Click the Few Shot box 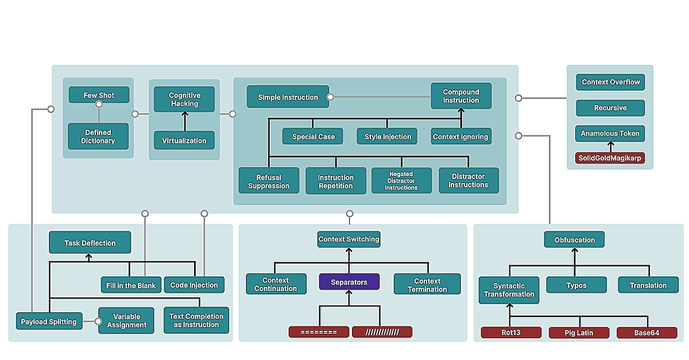[x=99, y=95]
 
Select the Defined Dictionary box [x=98, y=136]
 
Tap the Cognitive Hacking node [x=184, y=99]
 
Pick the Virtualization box [x=184, y=140]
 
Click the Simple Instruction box [x=288, y=97]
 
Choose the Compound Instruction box [x=461, y=96]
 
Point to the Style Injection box [x=388, y=137]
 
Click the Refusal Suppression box [x=269, y=181]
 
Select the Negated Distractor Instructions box [x=401, y=181]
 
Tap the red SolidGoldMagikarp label [x=610, y=158]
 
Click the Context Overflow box [x=610, y=82]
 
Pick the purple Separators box [x=350, y=282]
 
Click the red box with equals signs [x=319, y=332]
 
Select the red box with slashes [x=382, y=332]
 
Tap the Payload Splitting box [x=49, y=322]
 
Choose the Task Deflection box [x=90, y=243]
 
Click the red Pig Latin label [x=578, y=332]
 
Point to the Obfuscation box [x=574, y=240]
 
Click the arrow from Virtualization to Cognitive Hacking [x=184, y=122]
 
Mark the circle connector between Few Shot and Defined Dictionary [x=99, y=104]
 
